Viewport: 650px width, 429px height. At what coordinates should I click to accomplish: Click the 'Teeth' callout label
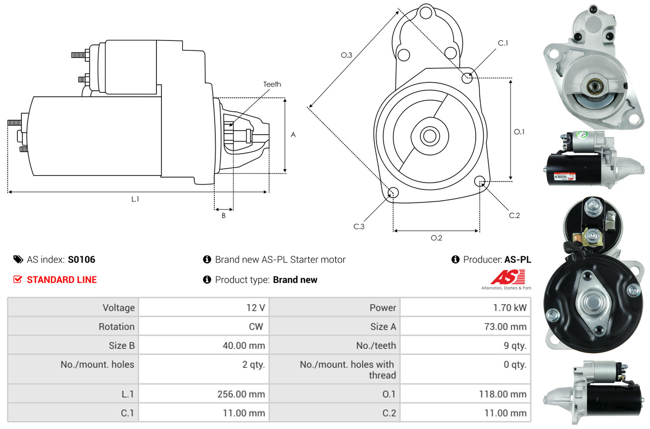(x=272, y=84)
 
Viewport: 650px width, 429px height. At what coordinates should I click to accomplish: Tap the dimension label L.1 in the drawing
(x=135, y=199)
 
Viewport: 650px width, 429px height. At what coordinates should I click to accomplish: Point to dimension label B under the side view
(x=224, y=215)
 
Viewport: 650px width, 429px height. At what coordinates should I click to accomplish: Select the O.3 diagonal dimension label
(x=347, y=55)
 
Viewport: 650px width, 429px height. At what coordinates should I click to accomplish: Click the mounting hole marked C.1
(x=467, y=78)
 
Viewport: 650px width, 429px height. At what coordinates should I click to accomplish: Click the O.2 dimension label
(x=436, y=237)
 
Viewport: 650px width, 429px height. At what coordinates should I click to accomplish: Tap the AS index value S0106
(x=81, y=259)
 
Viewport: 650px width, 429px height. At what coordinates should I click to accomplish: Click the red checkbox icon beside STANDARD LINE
(x=18, y=279)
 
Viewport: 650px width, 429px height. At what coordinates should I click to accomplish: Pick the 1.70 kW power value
(x=510, y=307)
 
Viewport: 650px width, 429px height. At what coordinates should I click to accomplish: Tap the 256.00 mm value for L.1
(x=241, y=394)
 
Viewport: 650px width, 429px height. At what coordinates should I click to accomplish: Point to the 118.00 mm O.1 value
(x=502, y=394)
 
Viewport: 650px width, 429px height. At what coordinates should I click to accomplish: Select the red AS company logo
(x=508, y=277)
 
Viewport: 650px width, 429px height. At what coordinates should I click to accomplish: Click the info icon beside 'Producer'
(x=455, y=259)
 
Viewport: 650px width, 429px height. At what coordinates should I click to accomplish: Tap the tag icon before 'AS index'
(x=18, y=259)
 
